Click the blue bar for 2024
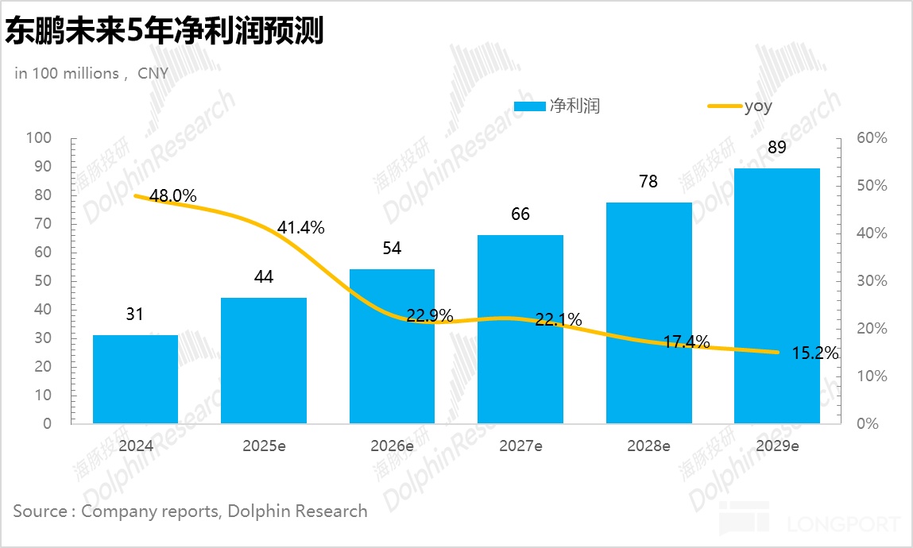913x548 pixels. [135, 379]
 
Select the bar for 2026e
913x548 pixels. [392, 346]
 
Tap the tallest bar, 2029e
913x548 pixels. [776, 295]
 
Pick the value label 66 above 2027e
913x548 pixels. [520, 214]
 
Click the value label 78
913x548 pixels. [648, 181]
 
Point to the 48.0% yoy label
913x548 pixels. [172, 195]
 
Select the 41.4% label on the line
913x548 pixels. [301, 228]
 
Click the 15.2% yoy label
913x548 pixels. [815, 353]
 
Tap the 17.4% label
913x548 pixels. [687, 343]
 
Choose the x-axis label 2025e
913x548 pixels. [264, 446]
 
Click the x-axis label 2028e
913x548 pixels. [648, 446]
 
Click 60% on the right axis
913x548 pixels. [872, 138]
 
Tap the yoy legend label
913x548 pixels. [757, 106]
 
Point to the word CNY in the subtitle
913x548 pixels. [153, 73]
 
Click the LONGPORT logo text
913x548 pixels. [844, 524]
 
